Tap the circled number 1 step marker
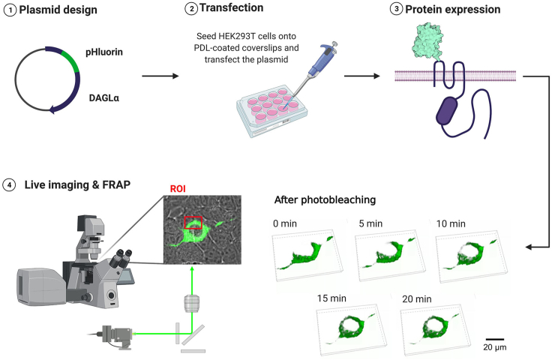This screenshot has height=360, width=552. coord(7,10)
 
